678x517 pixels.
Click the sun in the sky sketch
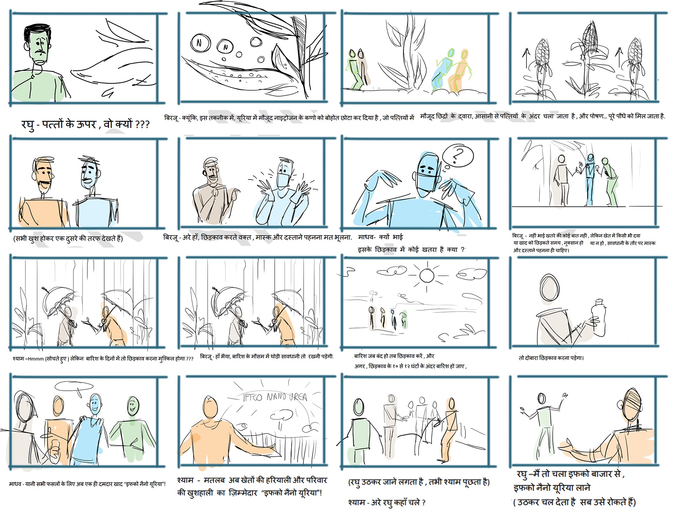click(427, 275)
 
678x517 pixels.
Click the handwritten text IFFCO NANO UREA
click(275, 397)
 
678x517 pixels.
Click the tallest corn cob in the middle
click(589, 37)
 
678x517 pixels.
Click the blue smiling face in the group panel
click(94, 404)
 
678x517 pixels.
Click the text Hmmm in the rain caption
click(36, 359)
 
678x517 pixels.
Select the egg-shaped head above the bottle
click(549, 287)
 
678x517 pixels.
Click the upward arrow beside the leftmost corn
click(526, 59)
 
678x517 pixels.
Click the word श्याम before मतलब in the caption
click(185, 480)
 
